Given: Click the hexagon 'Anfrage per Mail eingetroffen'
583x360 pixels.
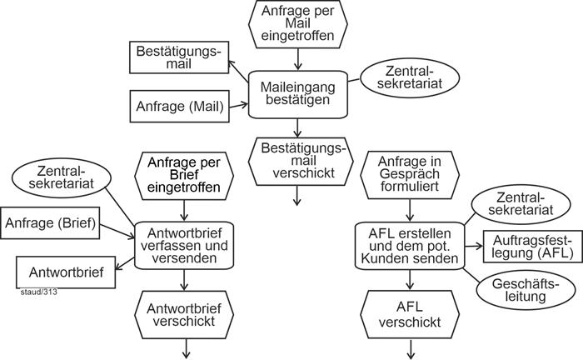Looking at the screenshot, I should [297, 22].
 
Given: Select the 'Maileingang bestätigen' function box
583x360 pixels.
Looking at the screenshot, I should [298, 92].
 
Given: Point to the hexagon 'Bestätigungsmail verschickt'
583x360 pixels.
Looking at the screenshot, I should [297, 159].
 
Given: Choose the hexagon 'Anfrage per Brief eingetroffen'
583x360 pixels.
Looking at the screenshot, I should [182, 173].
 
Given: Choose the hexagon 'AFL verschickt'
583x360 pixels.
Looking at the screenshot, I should [410, 313].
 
